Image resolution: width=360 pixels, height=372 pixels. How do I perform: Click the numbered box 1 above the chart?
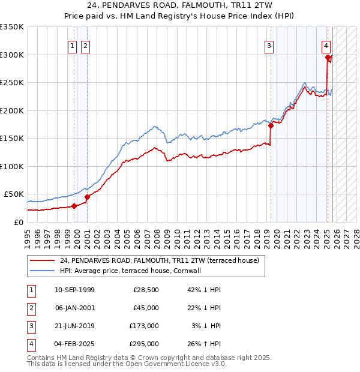[x=72, y=46]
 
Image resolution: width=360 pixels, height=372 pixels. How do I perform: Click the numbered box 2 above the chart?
[x=85, y=46]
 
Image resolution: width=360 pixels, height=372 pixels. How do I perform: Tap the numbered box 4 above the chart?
[x=325, y=46]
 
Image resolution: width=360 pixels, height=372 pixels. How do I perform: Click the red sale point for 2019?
[x=271, y=126]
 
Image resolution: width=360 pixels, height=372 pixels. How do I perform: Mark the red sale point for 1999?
[x=74, y=206]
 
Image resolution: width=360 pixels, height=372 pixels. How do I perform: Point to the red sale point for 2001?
[x=87, y=197]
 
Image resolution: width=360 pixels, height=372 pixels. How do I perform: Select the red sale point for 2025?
[x=328, y=58]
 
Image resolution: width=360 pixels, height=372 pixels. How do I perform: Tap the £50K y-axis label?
[x=14, y=194]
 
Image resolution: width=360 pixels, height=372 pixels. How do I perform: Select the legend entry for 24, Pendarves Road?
[x=159, y=260]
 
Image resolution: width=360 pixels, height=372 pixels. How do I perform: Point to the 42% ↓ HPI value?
[x=204, y=290]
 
